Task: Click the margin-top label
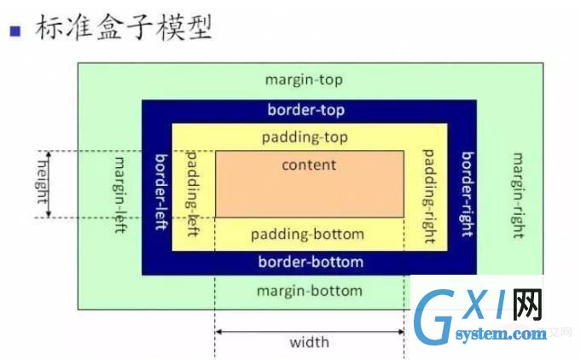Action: pos(304,80)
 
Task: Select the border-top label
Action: pos(306,110)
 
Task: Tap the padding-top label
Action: pos(305,137)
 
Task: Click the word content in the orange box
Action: pos(309,165)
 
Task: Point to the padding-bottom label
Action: pos(307,235)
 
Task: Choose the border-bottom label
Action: pos(311,262)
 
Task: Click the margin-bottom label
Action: pos(310,291)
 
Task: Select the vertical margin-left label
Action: pos(119,195)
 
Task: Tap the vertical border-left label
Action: pos(161,192)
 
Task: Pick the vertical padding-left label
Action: pos(192,194)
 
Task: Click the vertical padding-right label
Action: pos(429,196)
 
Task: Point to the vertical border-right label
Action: pos(468,194)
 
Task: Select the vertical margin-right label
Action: pos(518,195)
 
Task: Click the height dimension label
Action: pos(43,183)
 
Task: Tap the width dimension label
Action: pos(310,342)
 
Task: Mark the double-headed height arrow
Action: pos(48,184)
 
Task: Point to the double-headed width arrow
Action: pos(310,332)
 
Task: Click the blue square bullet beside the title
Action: pos(15,31)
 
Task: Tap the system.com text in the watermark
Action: pos(501,334)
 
